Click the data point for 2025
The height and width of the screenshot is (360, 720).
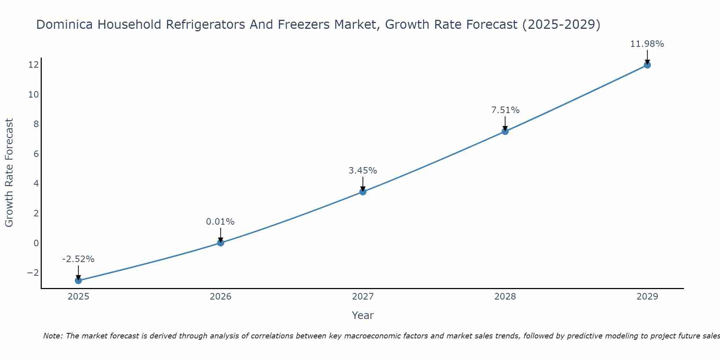click(x=78, y=280)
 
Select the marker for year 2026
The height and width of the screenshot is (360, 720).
click(x=221, y=243)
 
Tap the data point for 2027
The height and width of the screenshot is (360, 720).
click(x=363, y=192)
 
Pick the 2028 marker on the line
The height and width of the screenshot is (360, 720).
click(x=505, y=131)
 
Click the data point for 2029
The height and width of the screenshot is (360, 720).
click(x=647, y=65)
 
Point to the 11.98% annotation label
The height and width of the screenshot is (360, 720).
click(x=647, y=44)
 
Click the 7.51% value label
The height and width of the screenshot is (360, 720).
click(x=505, y=110)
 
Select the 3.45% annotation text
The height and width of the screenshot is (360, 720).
click(x=363, y=171)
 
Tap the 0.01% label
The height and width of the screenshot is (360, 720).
click(x=220, y=222)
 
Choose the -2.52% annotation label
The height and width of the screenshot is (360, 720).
click(x=78, y=259)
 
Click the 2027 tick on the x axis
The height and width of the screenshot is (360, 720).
click(x=363, y=297)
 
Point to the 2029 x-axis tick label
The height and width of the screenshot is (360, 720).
click(x=647, y=297)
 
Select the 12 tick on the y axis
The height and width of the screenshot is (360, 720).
click(x=34, y=65)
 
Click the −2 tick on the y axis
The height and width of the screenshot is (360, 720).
click(x=33, y=273)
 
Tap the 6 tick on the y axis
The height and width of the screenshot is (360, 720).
click(x=36, y=154)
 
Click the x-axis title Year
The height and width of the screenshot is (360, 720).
click(x=363, y=315)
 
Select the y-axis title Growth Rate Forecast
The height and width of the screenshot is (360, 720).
click(x=9, y=172)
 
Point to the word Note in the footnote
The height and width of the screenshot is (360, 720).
click(x=53, y=336)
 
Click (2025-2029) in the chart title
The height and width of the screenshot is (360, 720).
click(x=561, y=25)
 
